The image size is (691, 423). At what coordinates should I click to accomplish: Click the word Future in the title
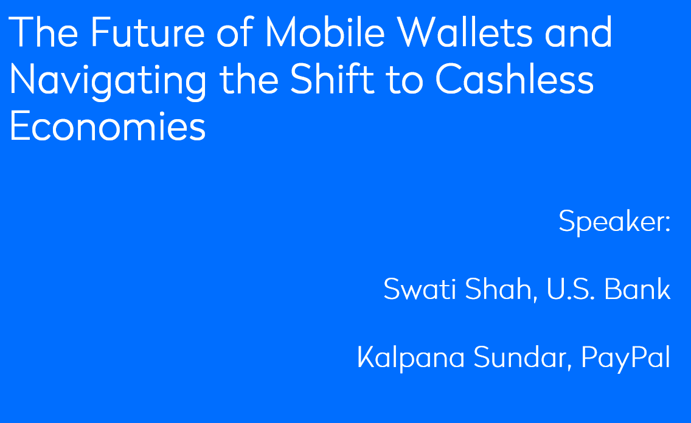pyautogui.click(x=148, y=32)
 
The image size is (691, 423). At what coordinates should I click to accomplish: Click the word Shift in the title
pyautogui.click(x=332, y=78)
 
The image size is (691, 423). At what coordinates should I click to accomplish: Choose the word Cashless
pyautogui.click(x=514, y=78)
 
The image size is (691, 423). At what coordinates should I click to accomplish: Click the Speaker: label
pyautogui.click(x=615, y=221)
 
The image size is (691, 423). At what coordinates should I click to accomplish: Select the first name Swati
pyautogui.click(x=420, y=289)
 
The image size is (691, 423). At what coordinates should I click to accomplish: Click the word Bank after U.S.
pyautogui.click(x=637, y=289)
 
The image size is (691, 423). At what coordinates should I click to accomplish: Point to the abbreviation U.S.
pyautogui.click(x=571, y=289)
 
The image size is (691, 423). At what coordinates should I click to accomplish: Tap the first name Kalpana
pyautogui.click(x=411, y=358)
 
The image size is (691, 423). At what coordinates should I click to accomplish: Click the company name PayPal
pyautogui.click(x=626, y=358)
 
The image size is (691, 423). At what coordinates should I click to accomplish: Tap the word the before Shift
pyautogui.click(x=249, y=78)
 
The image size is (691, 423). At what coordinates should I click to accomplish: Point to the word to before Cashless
pyautogui.click(x=405, y=80)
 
